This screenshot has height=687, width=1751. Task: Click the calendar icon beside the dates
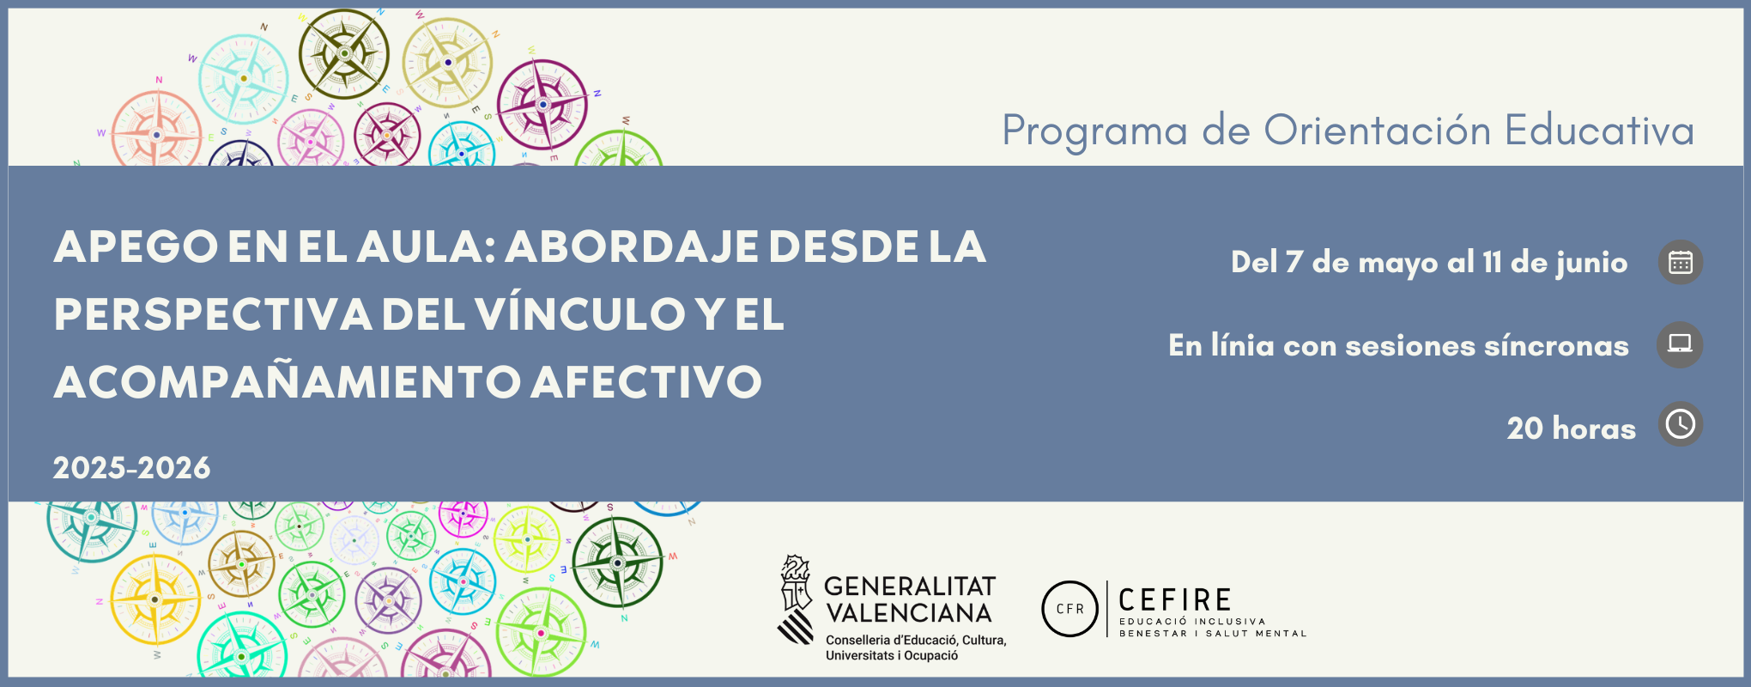[x=1680, y=262]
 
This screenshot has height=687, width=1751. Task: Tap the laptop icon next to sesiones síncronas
[x=1680, y=344]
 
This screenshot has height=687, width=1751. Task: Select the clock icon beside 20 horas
[x=1680, y=424]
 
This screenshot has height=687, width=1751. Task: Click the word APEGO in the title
[x=136, y=247]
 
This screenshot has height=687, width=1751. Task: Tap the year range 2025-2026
[x=131, y=468]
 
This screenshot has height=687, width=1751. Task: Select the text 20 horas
[x=1571, y=429]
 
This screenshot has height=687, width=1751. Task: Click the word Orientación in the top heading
[x=1378, y=131]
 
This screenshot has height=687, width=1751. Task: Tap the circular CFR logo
[x=1070, y=609]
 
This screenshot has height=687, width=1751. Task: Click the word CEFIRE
[x=1175, y=599]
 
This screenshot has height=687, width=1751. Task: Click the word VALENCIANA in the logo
[x=909, y=613]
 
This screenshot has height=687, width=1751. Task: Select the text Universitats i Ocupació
[x=892, y=656]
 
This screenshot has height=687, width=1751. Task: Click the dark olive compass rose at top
[x=344, y=53]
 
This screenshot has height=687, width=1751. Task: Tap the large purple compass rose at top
[x=542, y=105]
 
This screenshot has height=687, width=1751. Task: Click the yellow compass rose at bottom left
[x=154, y=599]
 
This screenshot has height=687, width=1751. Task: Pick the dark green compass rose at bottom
[x=617, y=562]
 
